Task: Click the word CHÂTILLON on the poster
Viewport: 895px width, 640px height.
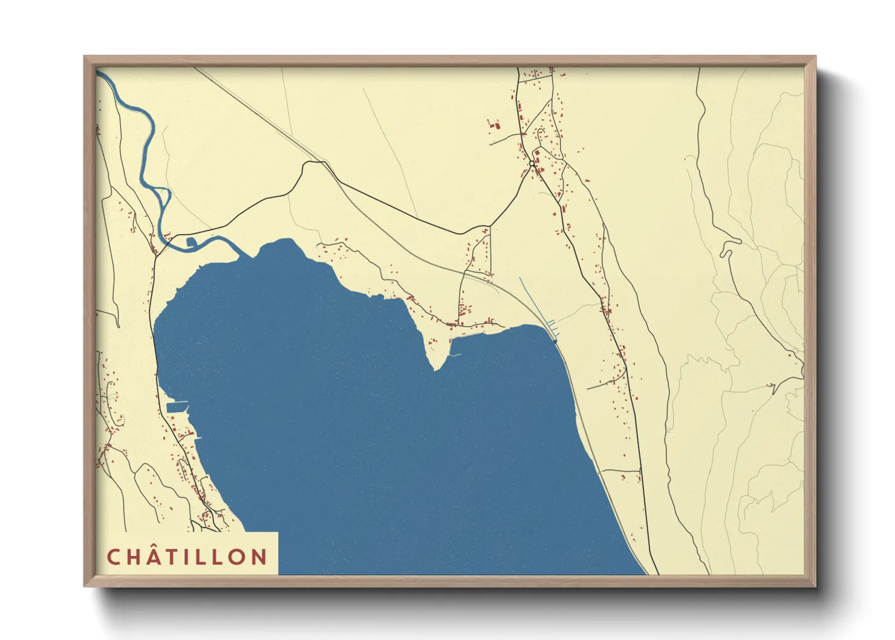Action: click(187, 557)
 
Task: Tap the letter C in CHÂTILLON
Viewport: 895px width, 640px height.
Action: click(114, 557)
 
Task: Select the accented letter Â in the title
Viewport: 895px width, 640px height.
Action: click(152, 556)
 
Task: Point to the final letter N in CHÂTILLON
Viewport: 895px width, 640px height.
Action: click(259, 557)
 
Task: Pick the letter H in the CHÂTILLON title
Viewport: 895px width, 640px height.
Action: click(132, 557)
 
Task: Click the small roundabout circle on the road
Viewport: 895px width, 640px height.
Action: click(532, 163)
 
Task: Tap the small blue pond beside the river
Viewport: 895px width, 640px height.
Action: click(191, 243)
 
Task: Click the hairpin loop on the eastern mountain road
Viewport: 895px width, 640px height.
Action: click(726, 248)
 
